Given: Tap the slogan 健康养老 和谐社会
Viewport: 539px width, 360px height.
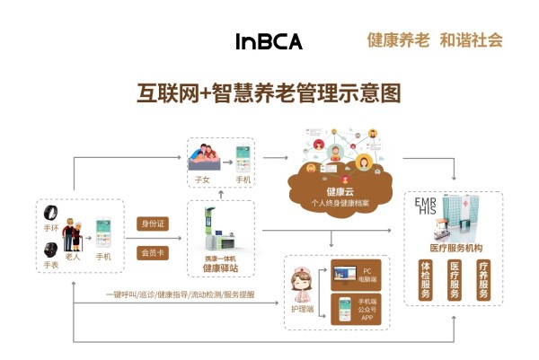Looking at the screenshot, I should click(433, 40).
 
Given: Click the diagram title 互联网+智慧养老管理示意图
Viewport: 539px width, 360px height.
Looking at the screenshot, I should click(267, 92).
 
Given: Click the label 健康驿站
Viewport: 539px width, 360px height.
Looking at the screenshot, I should click(220, 268).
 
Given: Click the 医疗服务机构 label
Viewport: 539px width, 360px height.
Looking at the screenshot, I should click(455, 247).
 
